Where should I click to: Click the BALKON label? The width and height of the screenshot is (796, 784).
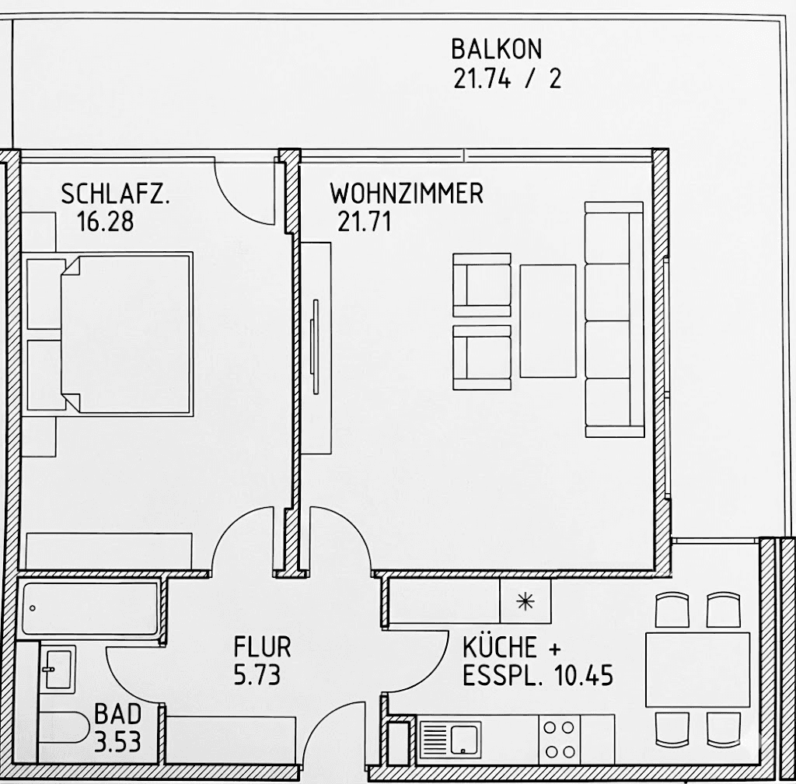pos(496,50)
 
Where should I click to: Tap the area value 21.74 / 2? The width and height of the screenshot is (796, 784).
pos(506,79)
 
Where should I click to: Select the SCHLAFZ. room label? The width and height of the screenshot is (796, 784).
pos(115,194)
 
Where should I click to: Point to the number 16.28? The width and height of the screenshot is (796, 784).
pos(106,222)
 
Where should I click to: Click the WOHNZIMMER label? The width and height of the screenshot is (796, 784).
pos(407,193)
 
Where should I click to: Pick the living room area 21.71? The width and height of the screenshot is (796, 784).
pos(364,222)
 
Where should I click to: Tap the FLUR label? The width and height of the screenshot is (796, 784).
pos(262,646)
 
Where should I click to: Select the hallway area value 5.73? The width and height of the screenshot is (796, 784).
pos(257,674)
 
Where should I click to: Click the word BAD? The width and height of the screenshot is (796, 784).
pos(118,713)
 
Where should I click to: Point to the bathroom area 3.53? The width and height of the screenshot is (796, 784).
pos(118,741)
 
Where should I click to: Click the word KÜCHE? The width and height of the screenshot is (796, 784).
pos(500,647)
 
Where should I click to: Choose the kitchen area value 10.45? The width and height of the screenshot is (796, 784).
pos(584,675)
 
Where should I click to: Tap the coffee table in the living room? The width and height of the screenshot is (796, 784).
pos(548,321)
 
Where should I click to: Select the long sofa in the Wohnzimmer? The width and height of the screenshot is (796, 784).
pos(613,319)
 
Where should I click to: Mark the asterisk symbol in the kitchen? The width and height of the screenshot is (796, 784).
pos(525,601)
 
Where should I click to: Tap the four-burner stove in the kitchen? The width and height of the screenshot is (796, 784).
pos(560,739)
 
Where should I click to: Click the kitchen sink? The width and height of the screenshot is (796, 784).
pos(451,738)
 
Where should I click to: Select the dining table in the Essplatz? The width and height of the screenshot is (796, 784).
pos(697,669)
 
